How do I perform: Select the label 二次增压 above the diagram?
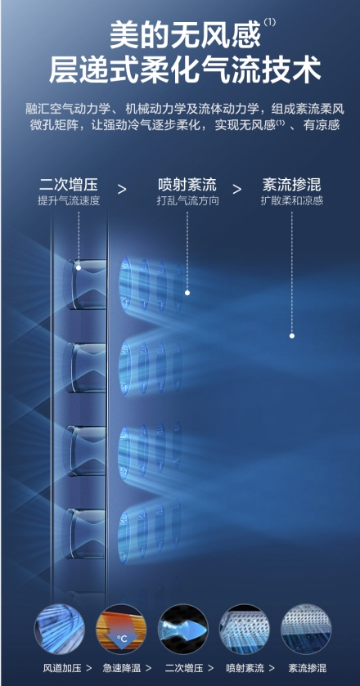point(69,185)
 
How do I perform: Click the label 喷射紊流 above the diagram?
point(187,185)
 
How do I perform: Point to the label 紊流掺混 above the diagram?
point(291,185)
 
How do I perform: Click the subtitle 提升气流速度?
point(69,201)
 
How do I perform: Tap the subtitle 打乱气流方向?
point(187,201)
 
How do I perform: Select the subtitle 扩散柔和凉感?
point(291,201)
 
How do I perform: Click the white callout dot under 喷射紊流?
point(187,293)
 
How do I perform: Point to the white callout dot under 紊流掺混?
point(291,336)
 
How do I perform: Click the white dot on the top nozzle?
point(79,267)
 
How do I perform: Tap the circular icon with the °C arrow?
point(121,630)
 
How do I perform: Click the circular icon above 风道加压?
point(59,630)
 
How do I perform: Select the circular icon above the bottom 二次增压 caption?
point(183,630)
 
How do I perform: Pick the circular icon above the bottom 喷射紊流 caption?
point(245,630)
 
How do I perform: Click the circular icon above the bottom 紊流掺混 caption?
point(306,630)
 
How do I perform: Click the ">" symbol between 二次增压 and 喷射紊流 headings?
point(122,190)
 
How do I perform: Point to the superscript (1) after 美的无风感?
point(270,22)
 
